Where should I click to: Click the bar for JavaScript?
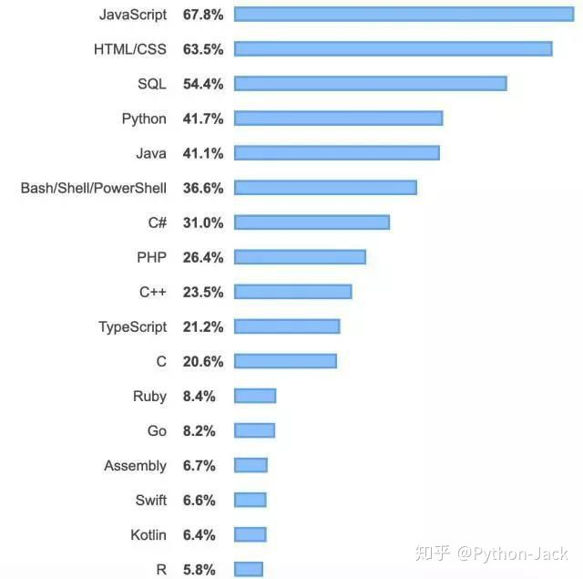click(403, 14)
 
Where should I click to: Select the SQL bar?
click(370, 83)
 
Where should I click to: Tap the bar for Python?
click(338, 118)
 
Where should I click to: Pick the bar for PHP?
click(300, 257)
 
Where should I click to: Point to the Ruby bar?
click(255, 396)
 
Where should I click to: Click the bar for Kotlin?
click(251, 534)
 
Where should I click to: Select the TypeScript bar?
click(287, 326)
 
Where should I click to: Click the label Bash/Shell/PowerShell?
click(93, 188)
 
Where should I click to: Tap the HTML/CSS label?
click(130, 48)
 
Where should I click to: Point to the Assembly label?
click(135, 466)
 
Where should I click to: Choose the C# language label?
click(157, 222)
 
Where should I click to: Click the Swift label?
click(150, 501)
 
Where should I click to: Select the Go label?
click(157, 430)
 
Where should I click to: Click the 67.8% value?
click(202, 14)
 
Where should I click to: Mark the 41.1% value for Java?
click(202, 153)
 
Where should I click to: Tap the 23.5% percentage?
click(202, 292)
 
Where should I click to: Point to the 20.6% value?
click(202, 361)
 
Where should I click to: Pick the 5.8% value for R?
click(199, 570)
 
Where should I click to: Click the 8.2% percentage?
click(199, 430)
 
